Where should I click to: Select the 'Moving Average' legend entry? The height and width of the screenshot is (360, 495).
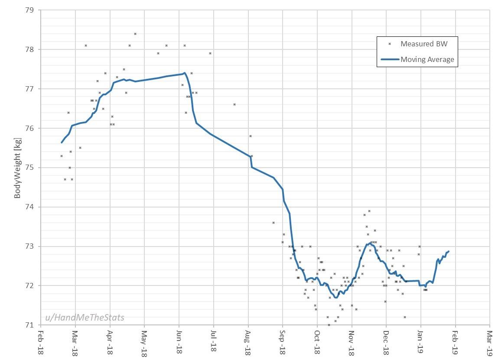(x=427, y=59)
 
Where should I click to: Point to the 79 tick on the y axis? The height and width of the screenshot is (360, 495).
(x=31, y=10)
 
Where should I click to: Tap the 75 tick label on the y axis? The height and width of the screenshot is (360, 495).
(x=31, y=168)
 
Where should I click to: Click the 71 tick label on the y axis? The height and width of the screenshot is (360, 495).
(x=31, y=325)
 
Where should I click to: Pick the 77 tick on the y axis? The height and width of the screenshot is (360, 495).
(x=31, y=89)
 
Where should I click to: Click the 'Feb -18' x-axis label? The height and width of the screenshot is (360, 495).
(x=40, y=344)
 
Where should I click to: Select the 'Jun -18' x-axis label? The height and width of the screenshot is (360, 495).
(x=179, y=344)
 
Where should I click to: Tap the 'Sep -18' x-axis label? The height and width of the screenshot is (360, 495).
(x=283, y=344)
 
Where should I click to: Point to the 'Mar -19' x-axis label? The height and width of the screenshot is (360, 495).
(x=490, y=344)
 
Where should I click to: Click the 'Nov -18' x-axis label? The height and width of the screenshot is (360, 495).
(x=352, y=344)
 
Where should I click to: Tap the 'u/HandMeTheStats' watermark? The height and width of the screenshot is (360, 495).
(x=85, y=318)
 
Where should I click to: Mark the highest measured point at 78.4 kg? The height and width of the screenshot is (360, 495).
(x=135, y=34)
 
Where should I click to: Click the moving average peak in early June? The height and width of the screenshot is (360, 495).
(x=185, y=73)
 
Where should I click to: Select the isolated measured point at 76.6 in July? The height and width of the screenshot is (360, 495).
(x=234, y=104)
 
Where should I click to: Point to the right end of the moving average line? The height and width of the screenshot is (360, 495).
(x=449, y=251)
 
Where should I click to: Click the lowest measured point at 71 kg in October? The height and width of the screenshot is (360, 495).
(x=329, y=325)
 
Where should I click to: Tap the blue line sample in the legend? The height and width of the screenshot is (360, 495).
(x=389, y=59)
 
